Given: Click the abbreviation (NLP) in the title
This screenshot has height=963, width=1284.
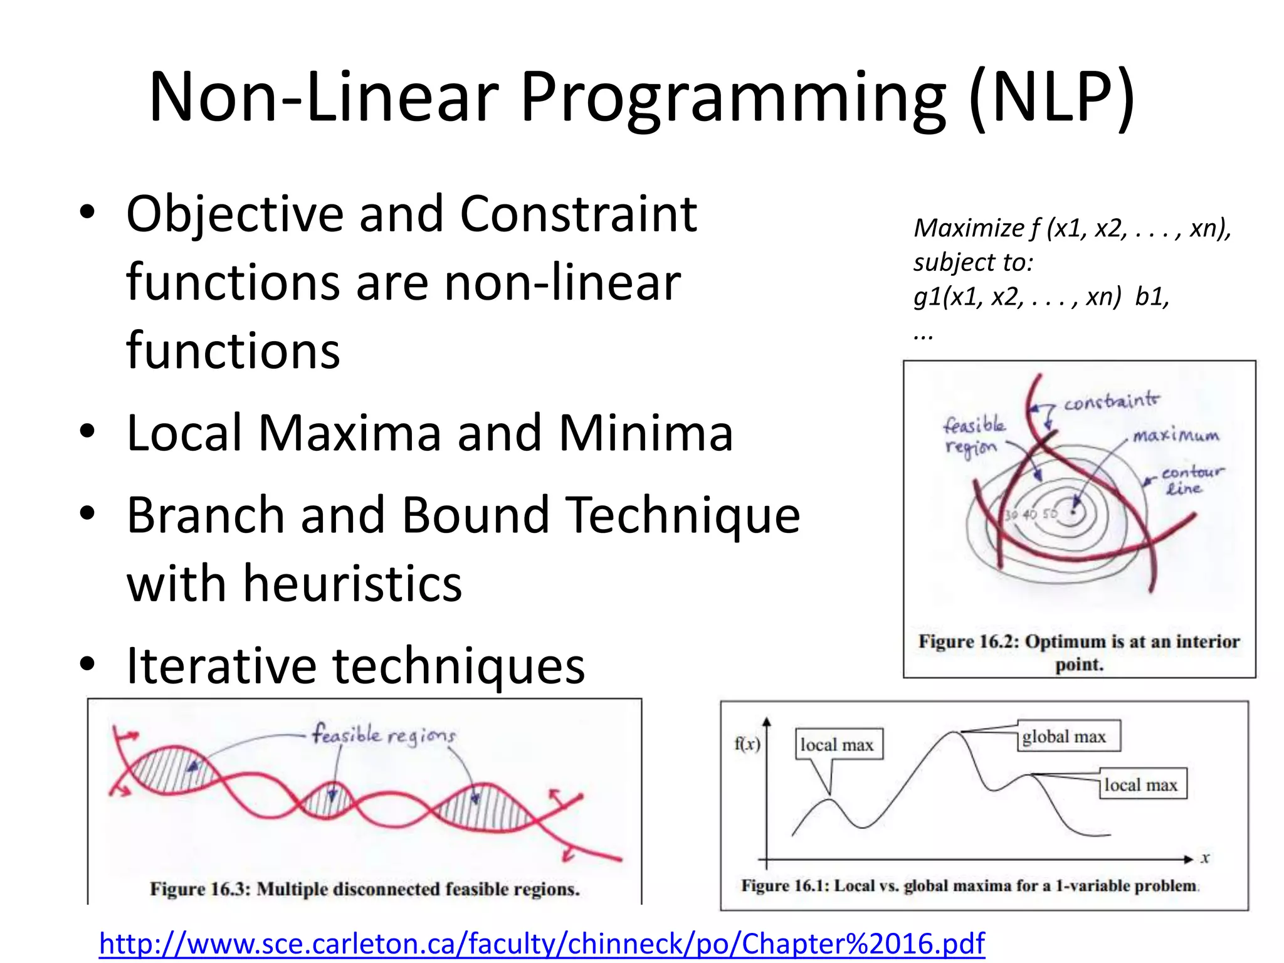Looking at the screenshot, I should [1051, 99].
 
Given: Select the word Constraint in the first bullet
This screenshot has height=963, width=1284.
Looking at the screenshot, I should [578, 215].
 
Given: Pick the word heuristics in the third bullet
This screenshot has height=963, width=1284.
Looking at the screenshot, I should [352, 584].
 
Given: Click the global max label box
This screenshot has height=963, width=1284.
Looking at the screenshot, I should [1068, 736].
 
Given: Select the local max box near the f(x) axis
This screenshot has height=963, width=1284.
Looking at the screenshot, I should [838, 745].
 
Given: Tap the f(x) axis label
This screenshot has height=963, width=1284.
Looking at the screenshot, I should [747, 744].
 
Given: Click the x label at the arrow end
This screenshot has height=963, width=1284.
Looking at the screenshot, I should [1205, 858].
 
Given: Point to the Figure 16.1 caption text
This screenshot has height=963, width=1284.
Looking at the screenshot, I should [969, 886].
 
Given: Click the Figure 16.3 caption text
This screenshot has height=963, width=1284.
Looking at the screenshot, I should [364, 889].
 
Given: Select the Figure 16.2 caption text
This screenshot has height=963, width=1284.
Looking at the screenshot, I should [1079, 653].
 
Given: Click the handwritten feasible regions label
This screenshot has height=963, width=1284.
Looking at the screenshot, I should [384, 735].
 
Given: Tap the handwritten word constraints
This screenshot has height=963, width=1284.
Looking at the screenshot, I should [1112, 401].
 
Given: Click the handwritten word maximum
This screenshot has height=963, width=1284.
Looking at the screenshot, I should [1176, 435].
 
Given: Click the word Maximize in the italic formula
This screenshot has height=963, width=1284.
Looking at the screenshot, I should [968, 228].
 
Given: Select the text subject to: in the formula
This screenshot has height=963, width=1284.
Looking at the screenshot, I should [972, 262].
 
